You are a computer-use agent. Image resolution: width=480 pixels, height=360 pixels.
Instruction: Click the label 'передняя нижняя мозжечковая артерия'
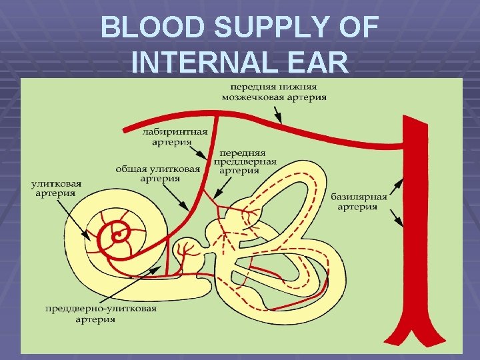pyautogui.click(x=274, y=91)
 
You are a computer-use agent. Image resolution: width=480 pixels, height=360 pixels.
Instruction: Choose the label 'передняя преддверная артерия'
pyautogui.click(x=239, y=161)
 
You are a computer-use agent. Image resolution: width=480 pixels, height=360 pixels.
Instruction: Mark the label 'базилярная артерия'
pyautogui.click(x=359, y=201)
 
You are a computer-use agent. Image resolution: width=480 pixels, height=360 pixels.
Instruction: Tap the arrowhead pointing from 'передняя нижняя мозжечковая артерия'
pyautogui.click(x=282, y=124)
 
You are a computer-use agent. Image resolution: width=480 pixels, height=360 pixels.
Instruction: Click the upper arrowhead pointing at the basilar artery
pyautogui.click(x=403, y=179)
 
